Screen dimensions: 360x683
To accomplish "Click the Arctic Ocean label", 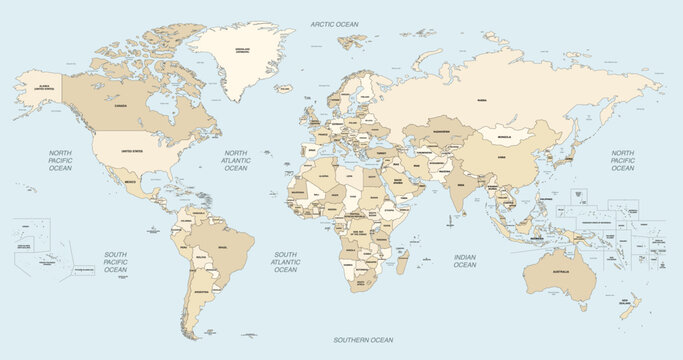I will (334, 23).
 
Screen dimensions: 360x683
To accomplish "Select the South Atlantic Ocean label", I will (286, 263).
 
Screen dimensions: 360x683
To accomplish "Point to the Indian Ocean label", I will (465, 261).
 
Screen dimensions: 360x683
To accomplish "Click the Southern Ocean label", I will (362, 341).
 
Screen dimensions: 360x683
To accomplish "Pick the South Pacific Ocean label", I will (116, 263).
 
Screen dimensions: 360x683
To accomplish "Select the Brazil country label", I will (223, 246).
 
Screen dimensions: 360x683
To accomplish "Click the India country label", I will (461, 185).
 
